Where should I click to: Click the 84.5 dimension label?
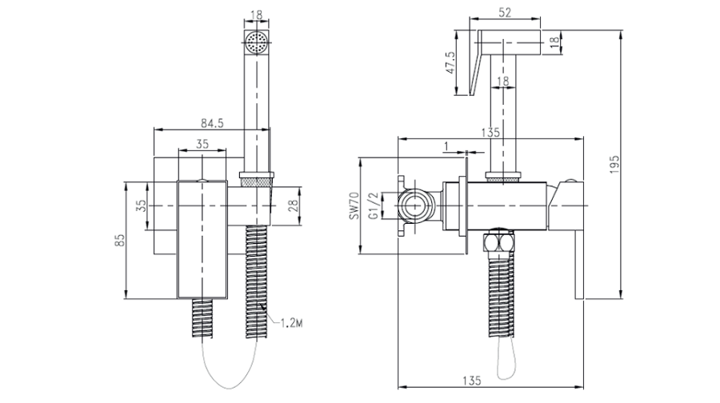coord(212,123)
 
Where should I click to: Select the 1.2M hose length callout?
coord(291,323)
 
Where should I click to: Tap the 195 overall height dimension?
coord(614,165)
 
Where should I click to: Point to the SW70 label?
coord(354,205)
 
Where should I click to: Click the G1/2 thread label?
coord(374,205)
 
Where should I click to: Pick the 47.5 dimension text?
coord(450,62)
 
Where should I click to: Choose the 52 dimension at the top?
coord(504,12)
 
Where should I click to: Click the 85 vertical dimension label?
coord(119,240)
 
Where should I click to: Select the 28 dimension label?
coord(294,205)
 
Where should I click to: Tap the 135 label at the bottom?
coord(471,381)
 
